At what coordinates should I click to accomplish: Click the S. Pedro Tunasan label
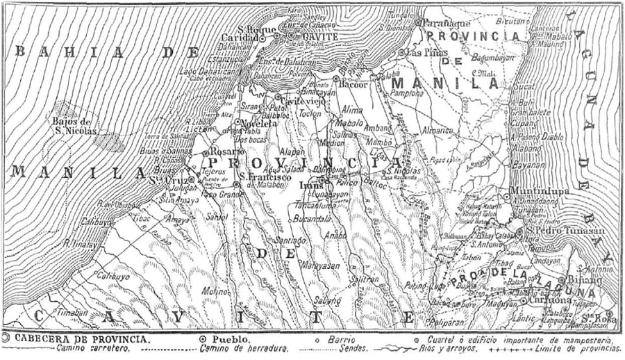tap(566, 230)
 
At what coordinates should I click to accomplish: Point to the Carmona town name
tap(549, 300)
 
